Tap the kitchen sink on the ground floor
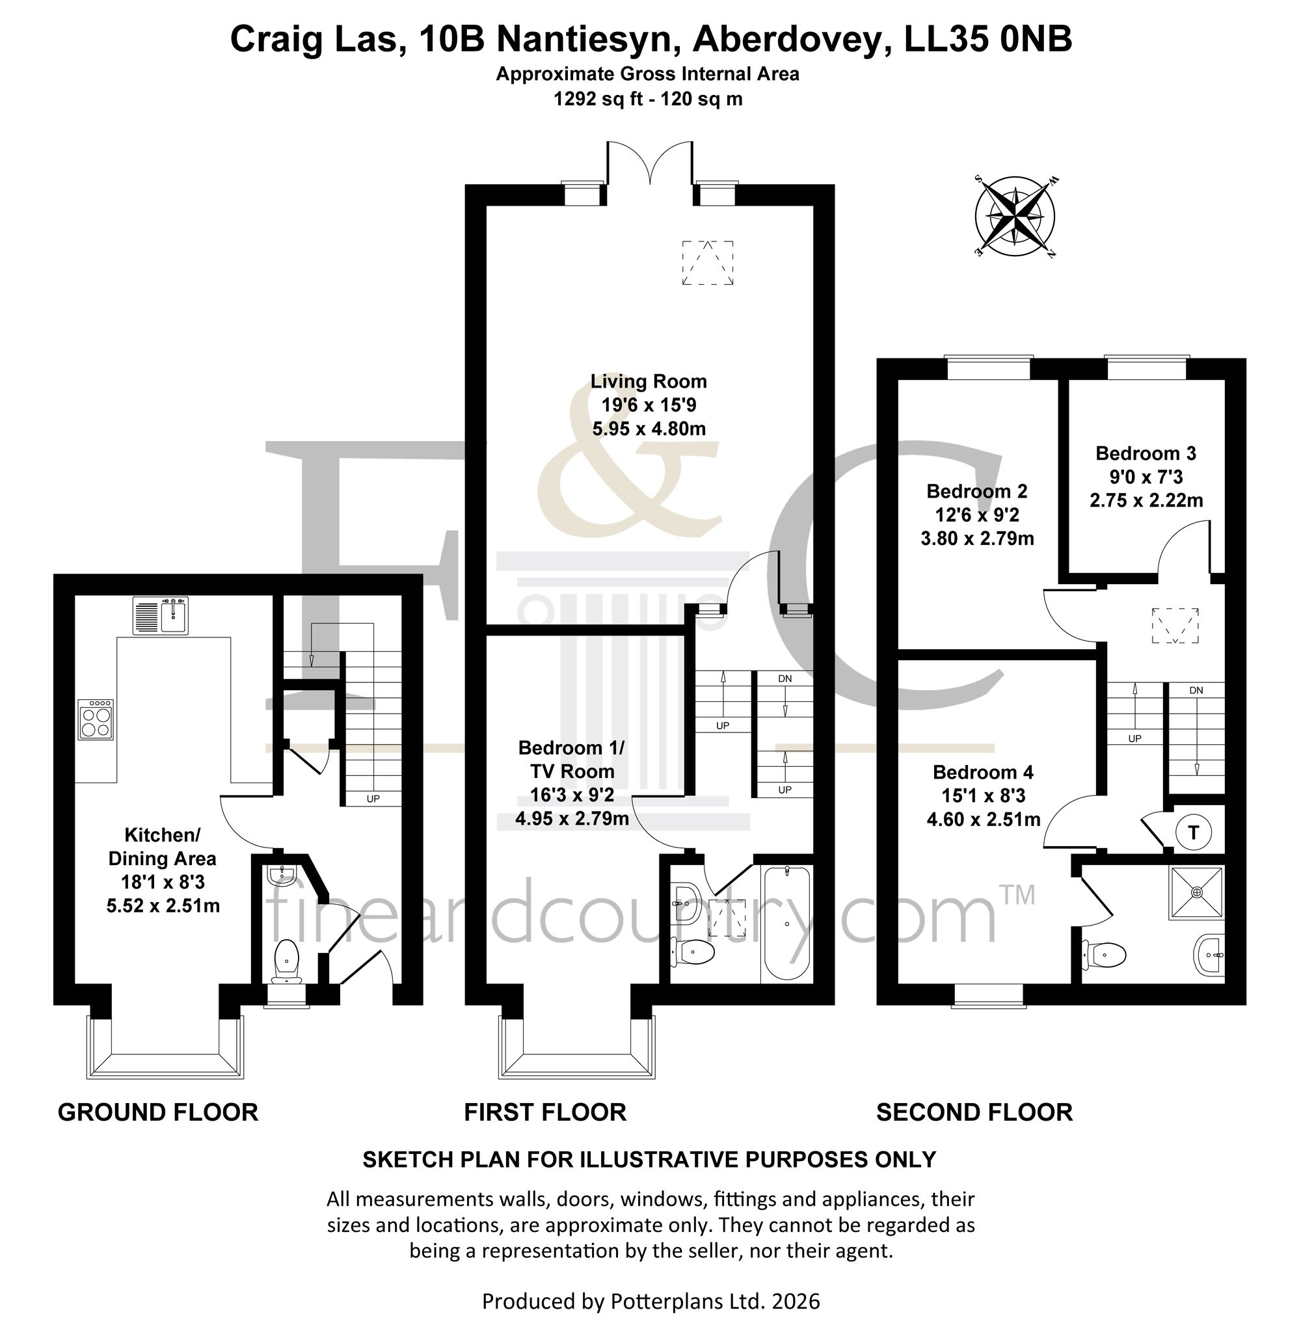coord(161,616)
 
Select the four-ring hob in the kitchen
coord(96,719)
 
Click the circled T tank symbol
coord(1194,833)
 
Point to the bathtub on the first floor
coord(787,924)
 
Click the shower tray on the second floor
coord(1196,892)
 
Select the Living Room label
coord(649,381)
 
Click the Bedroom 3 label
coord(1146,453)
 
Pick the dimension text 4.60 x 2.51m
coord(984,820)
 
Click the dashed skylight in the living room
coord(707,263)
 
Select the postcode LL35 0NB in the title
coord(988,39)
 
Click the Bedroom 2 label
coord(977,490)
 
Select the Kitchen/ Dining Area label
coord(163,846)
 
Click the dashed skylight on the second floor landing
coord(1175,625)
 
